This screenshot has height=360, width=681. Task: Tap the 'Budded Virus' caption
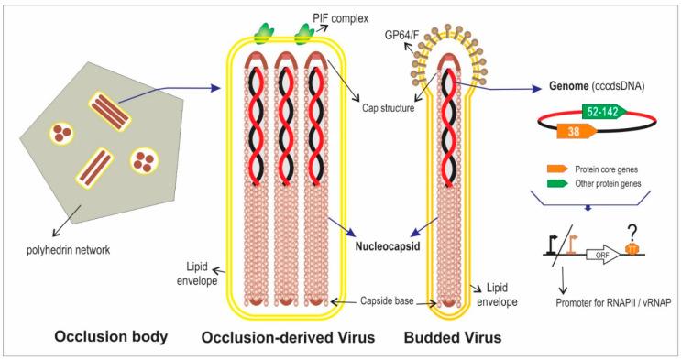click(453, 338)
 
